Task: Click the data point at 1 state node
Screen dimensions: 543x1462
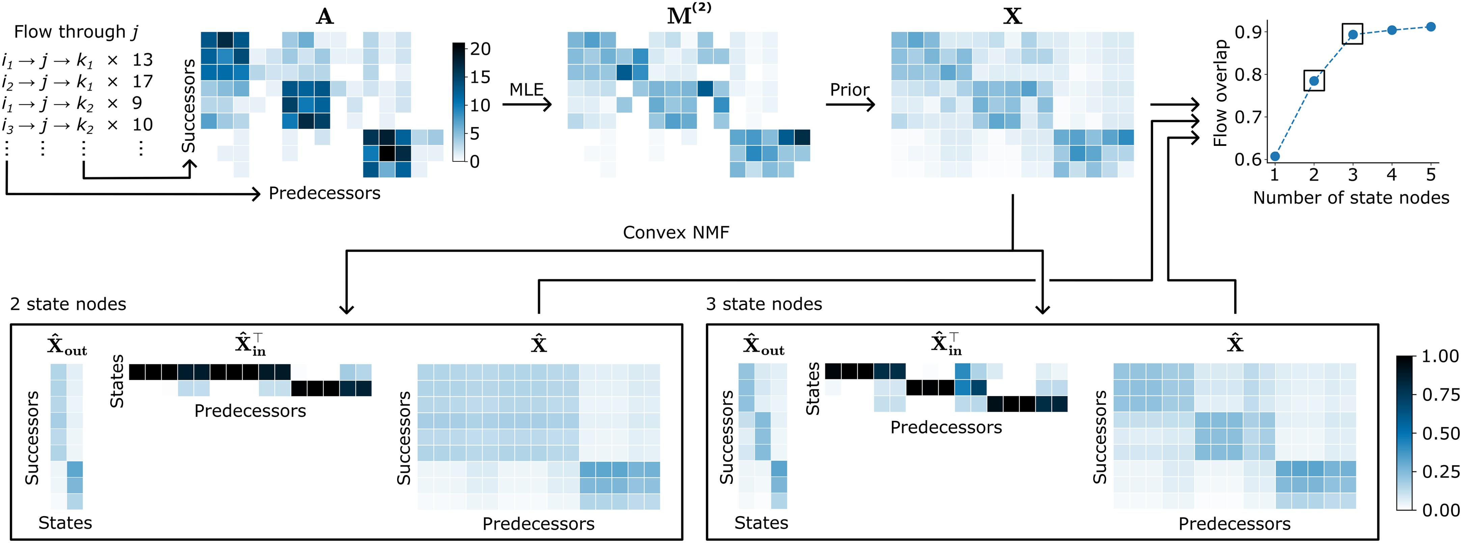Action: pyautogui.click(x=1275, y=156)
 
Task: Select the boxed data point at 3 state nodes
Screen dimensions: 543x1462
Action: pyautogui.click(x=1353, y=35)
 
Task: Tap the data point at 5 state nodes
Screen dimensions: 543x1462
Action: pyautogui.click(x=1431, y=27)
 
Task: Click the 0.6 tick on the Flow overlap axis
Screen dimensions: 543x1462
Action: pyautogui.click(x=1250, y=160)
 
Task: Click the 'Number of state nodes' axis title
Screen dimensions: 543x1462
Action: pyautogui.click(x=1351, y=198)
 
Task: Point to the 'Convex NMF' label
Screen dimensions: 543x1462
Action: pyautogui.click(x=675, y=232)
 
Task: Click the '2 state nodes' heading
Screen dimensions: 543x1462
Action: pyautogui.click(x=68, y=305)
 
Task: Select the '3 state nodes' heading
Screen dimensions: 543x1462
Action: pyautogui.click(x=764, y=305)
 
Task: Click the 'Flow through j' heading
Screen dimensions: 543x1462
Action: pyautogui.click(x=76, y=32)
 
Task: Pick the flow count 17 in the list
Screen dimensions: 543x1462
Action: pyautogui.click(x=142, y=82)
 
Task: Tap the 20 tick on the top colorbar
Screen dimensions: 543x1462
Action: pyautogui.click(x=480, y=49)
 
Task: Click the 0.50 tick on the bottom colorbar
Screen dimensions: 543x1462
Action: pyautogui.click(x=1440, y=433)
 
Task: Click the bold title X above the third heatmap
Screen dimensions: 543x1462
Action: pyautogui.click(x=1013, y=17)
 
